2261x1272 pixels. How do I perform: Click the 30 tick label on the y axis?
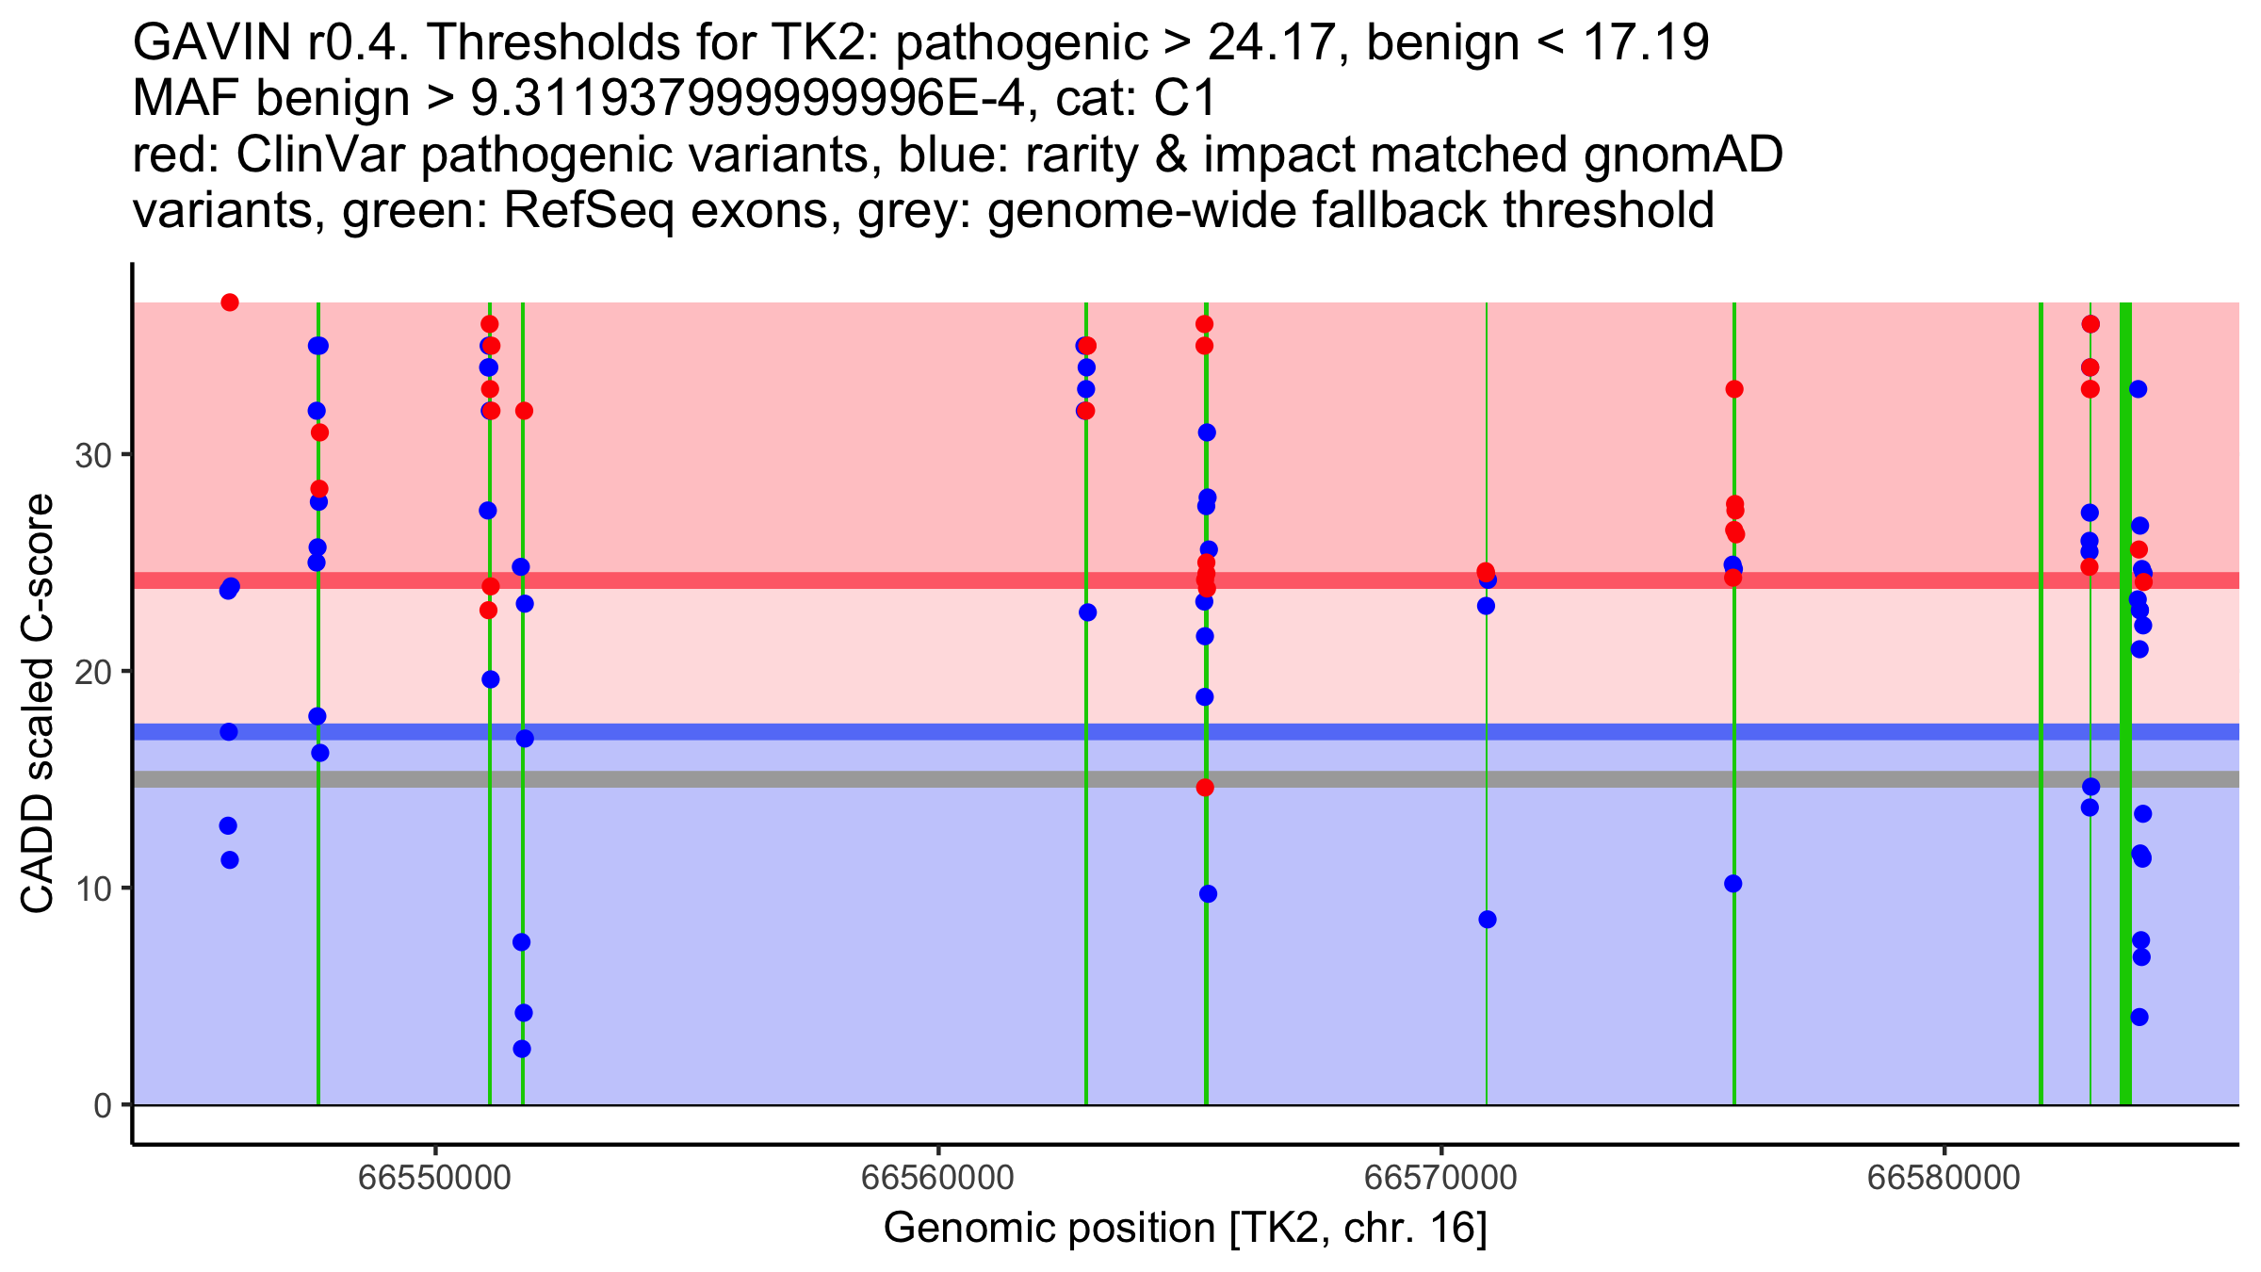(91, 456)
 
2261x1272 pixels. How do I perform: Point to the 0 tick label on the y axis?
(102, 1105)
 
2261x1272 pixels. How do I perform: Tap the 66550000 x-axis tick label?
(435, 1177)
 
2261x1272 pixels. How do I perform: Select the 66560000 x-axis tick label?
(937, 1177)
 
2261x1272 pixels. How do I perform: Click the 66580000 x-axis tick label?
(1944, 1177)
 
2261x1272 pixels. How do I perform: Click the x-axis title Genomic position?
(1185, 1229)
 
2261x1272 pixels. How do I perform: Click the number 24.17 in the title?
(1268, 43)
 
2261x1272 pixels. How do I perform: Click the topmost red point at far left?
(230, 302)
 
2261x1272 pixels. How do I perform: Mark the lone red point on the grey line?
(1205, 788)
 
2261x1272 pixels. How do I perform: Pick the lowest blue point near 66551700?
(522, 1049)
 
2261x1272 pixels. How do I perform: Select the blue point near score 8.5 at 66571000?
(1488, 920)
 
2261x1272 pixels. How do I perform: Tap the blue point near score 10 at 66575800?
(1733, 884)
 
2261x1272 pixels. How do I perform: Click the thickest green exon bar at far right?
(2126, 754)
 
